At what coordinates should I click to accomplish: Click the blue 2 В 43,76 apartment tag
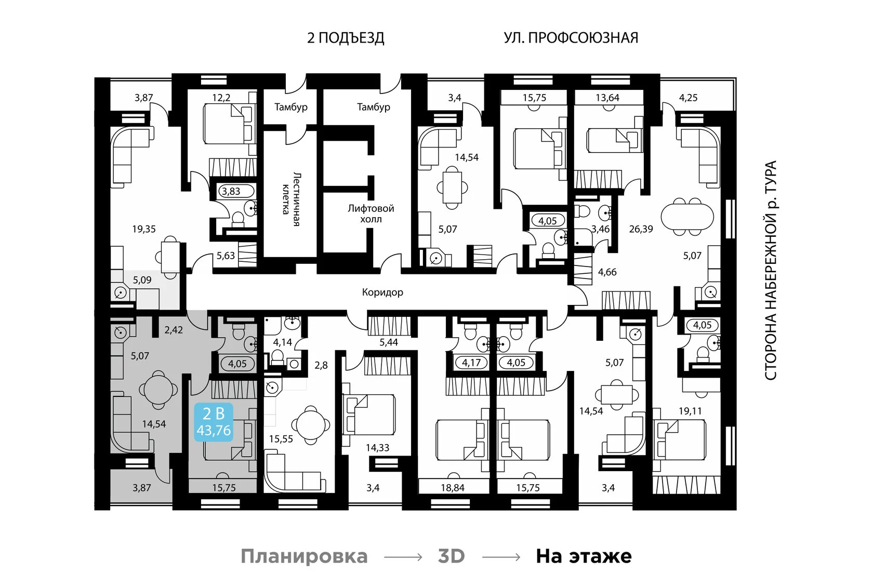pos(213,422)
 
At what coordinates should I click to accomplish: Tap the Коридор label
pos(382,292)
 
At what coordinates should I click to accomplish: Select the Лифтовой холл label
pos(371,214)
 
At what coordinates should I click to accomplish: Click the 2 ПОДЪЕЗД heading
pos(346,38)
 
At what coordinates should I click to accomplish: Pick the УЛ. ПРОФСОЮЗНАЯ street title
pos(571,38)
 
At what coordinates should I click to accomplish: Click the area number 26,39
pos(641,229)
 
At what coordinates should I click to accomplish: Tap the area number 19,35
pos(143,229)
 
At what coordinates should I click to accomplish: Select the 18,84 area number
pos(453,488)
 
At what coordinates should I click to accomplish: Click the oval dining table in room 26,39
pos(687,217)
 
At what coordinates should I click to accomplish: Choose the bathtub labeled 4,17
pos(471,363)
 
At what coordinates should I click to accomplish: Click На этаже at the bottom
pos(584,556)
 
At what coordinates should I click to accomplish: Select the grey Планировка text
pos(304,556)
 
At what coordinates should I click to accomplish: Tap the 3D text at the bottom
pos(451,556)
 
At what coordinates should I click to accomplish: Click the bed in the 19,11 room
pos(681,439)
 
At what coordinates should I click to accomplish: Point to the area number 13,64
pos(607,98)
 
